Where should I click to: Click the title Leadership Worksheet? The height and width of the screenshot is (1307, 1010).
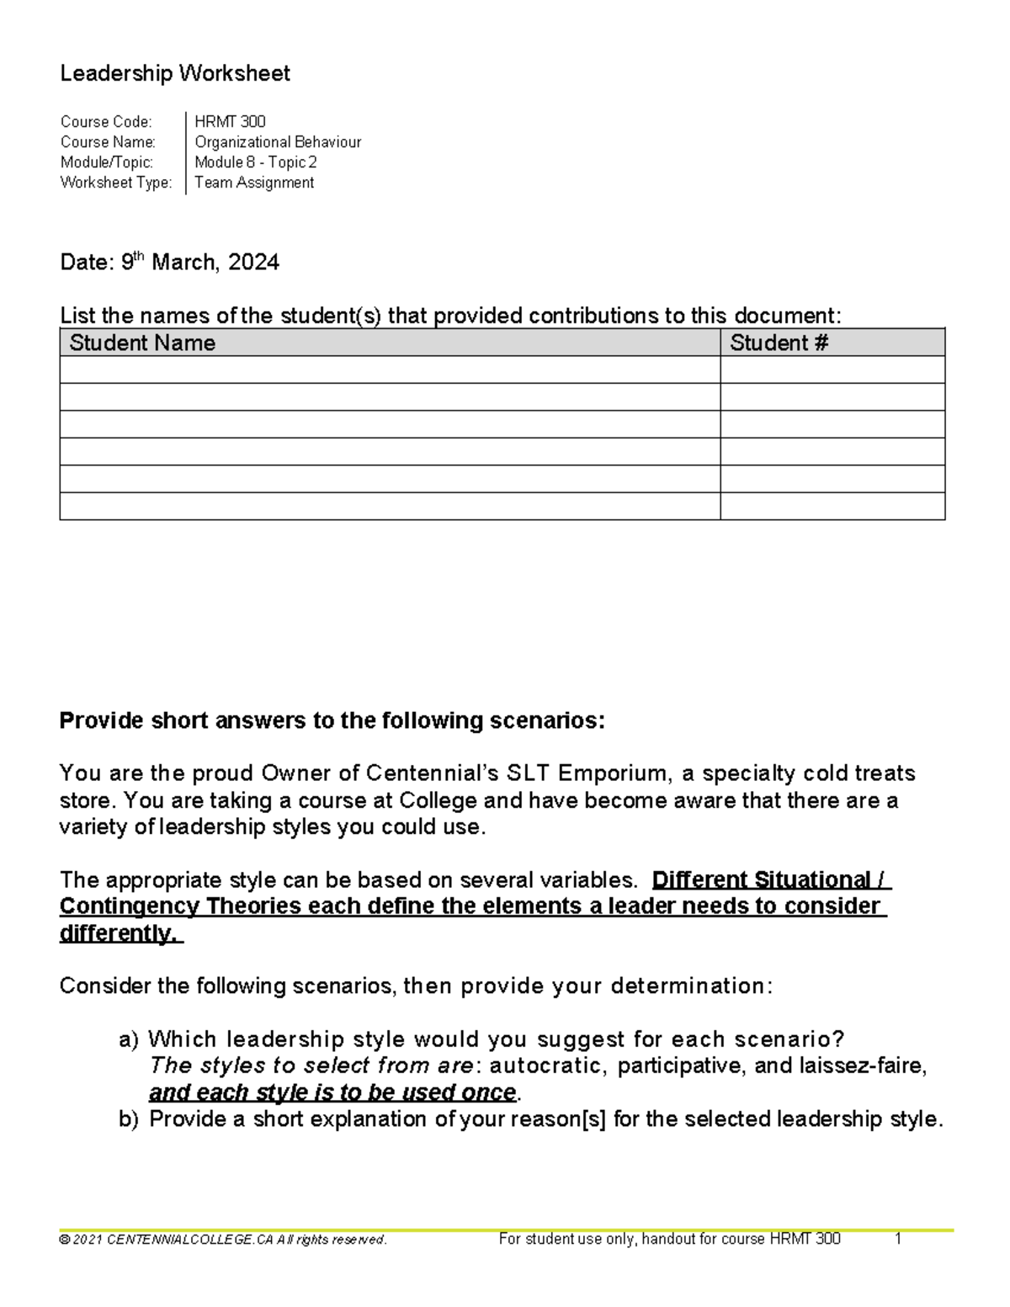(175, 74)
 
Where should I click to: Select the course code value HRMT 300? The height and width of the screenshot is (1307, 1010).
(230, 122)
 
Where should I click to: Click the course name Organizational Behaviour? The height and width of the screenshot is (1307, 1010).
(278, 142)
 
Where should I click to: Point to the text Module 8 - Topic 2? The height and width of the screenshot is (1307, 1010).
(255, 162)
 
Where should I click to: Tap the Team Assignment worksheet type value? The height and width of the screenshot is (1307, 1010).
(254, 183)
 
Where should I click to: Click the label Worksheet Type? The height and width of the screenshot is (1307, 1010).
(116, 183)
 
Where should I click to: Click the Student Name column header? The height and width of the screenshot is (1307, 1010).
(142, 343)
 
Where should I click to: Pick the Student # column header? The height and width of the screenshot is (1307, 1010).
(779, 343)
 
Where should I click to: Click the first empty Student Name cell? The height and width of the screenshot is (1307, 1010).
(389, 369)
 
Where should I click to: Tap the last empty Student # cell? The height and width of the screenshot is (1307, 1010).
(832, 506)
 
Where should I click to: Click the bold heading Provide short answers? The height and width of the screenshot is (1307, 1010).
(332, 721)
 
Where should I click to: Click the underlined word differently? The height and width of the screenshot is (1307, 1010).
(120, 933)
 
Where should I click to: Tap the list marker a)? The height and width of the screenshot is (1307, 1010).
(129, 1040)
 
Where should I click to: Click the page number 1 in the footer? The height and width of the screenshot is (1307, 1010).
(898, 1239)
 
